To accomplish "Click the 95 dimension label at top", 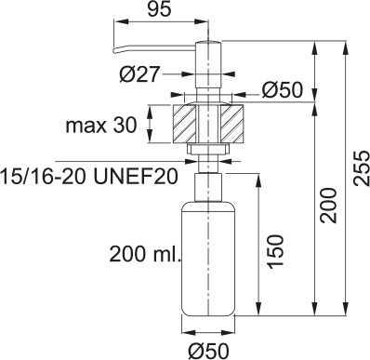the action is tap(159, 8).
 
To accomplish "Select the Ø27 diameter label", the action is tap(139, 74).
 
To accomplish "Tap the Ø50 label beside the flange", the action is tap(282, 90).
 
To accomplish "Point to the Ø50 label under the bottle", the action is tap(208, 351).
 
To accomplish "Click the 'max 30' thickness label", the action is tap(101, 126).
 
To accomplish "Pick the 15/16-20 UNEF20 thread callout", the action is tap(89, 177).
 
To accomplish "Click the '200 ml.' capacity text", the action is tap(145, 254).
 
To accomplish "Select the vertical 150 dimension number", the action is tap(275, 251).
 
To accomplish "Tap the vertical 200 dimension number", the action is tap(328, 206).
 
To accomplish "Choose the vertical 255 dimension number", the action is tap(362, 168).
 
